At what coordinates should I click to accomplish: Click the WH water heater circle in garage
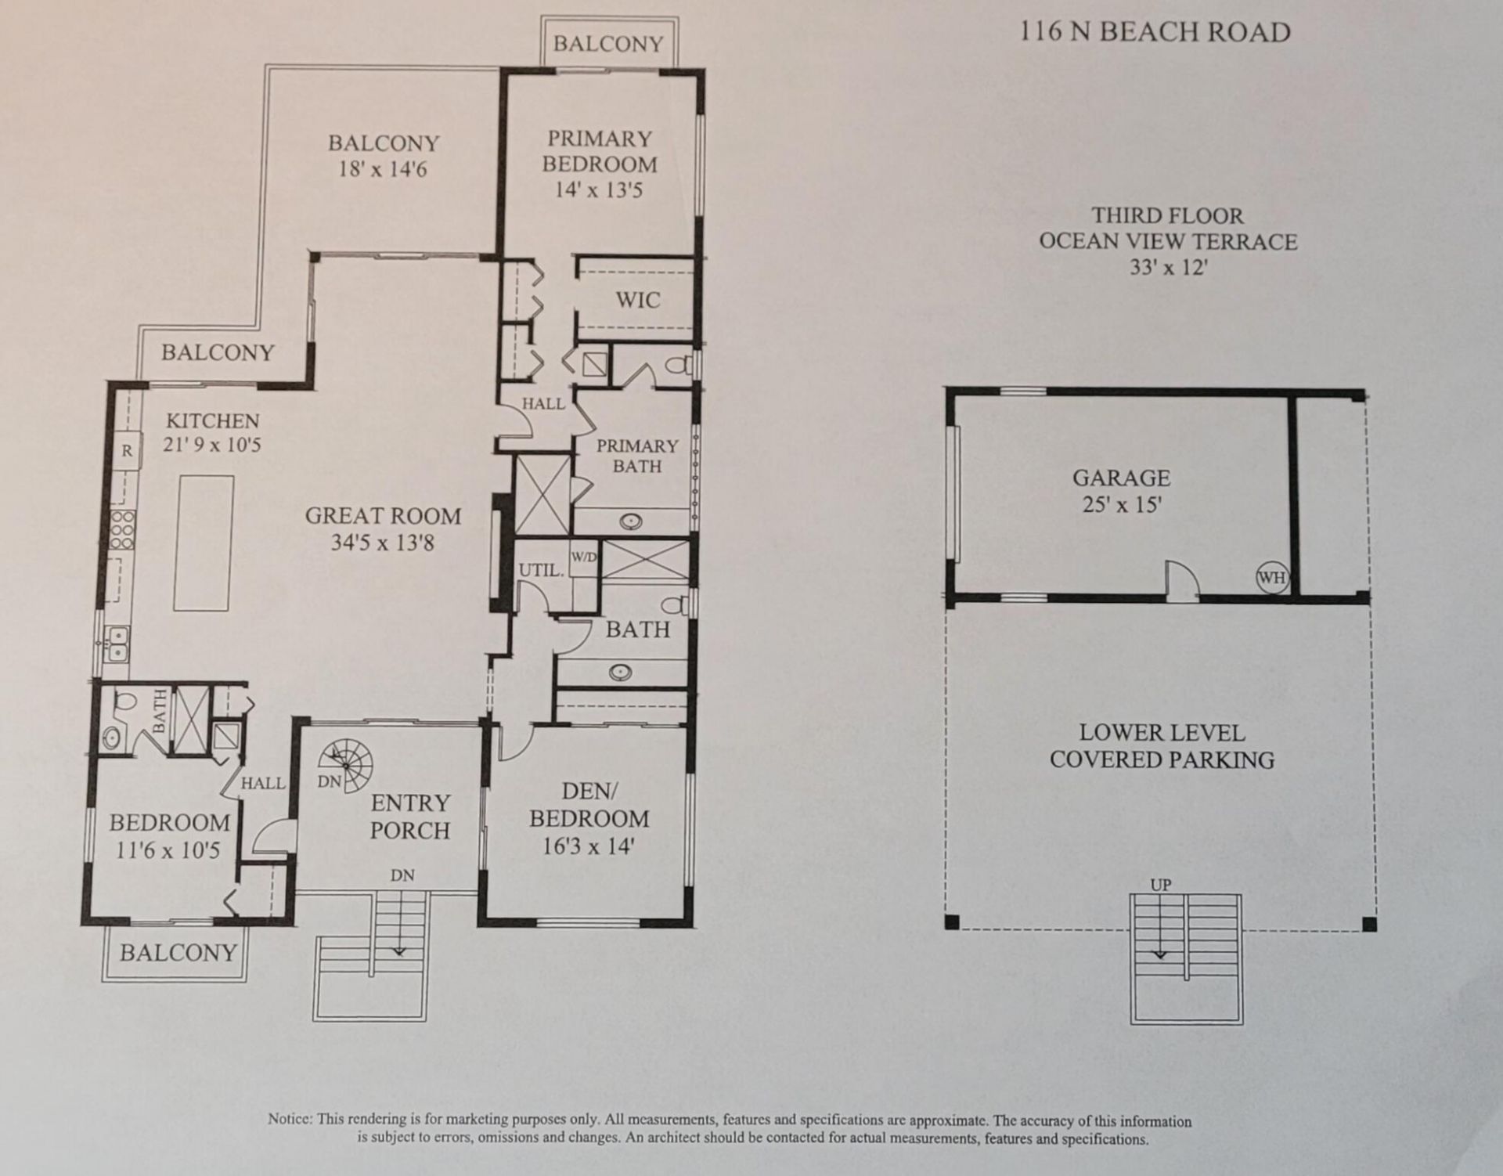point(1272,578)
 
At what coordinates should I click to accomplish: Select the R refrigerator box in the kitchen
point(127,452)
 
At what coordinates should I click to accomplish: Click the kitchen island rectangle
point(204,543)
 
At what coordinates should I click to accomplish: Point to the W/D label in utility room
point(583,557)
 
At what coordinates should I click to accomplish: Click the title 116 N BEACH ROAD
point(1155,32)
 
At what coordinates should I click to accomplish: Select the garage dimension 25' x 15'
point(1121,504)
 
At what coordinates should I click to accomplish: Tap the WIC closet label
point(637,300)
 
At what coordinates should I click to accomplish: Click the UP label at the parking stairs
point(1160,885)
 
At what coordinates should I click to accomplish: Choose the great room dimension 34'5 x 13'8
point(382,542)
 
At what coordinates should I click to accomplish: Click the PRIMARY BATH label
point(636,456)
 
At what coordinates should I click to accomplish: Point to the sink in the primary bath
point(631,520)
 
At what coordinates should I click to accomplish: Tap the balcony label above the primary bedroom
point(608,44)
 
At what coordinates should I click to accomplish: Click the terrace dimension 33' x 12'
point(1168,267)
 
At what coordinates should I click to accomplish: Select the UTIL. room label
point(541,570)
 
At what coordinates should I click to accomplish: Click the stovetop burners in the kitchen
point(122,529)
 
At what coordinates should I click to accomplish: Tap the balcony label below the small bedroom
point(178,953)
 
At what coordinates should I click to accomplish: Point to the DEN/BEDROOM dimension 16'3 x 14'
point(588,846)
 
